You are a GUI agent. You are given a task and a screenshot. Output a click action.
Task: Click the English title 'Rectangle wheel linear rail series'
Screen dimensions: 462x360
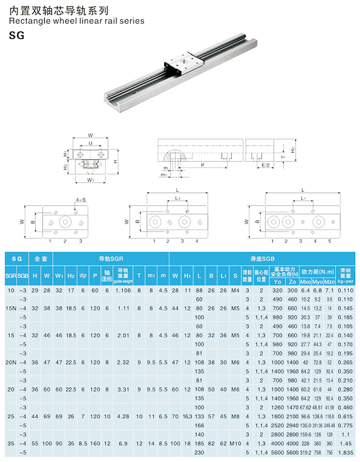(x=77, y=21)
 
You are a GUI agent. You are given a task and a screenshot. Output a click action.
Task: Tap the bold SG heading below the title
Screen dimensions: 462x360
(x=17, y=36)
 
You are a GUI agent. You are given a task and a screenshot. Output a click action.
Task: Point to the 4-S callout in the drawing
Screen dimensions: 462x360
(x=81, y=200)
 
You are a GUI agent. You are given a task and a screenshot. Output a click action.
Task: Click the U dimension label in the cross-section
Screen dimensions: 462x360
(x=91, y=143)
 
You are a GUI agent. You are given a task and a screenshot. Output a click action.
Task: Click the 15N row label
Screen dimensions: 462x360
(x=11, y=307)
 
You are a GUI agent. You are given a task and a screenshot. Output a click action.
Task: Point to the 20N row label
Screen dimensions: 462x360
(x=11, y=362)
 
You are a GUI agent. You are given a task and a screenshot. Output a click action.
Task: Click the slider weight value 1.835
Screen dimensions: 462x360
(x=345, y=452)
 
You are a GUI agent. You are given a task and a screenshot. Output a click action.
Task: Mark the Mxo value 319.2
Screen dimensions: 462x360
(x=306, y=452)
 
